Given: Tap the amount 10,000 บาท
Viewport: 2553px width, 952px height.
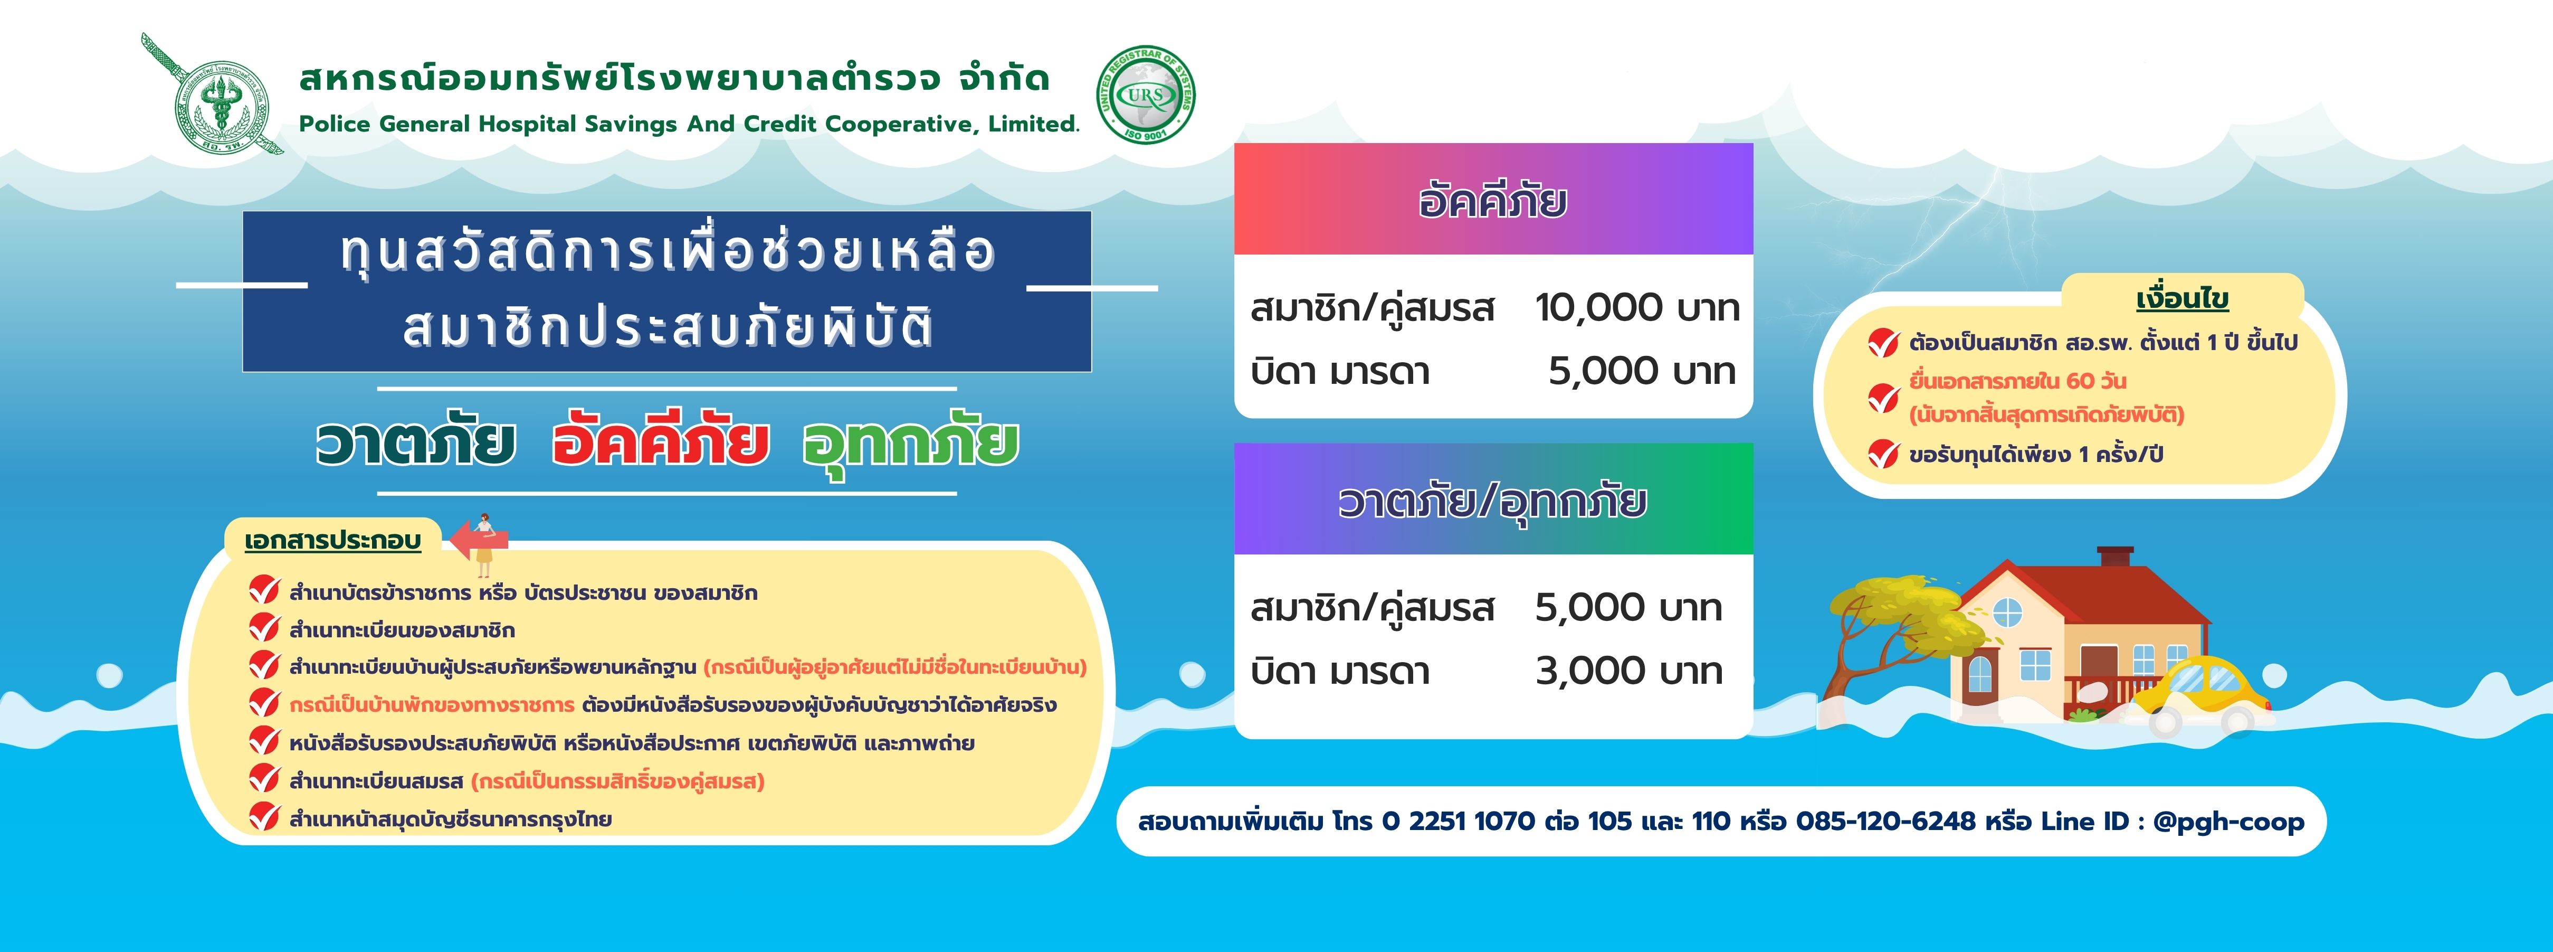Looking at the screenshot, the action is (x=1637, y=308).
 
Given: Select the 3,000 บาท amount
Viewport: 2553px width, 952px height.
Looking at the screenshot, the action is (x=1628, y=671).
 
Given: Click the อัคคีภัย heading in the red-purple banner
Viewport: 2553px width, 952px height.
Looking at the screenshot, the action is (x=1492, y=200).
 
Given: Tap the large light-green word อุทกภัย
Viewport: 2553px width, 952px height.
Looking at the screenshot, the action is (x=910, y=444).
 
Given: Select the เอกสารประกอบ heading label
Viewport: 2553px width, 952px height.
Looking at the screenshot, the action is (x=333, y=541).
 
